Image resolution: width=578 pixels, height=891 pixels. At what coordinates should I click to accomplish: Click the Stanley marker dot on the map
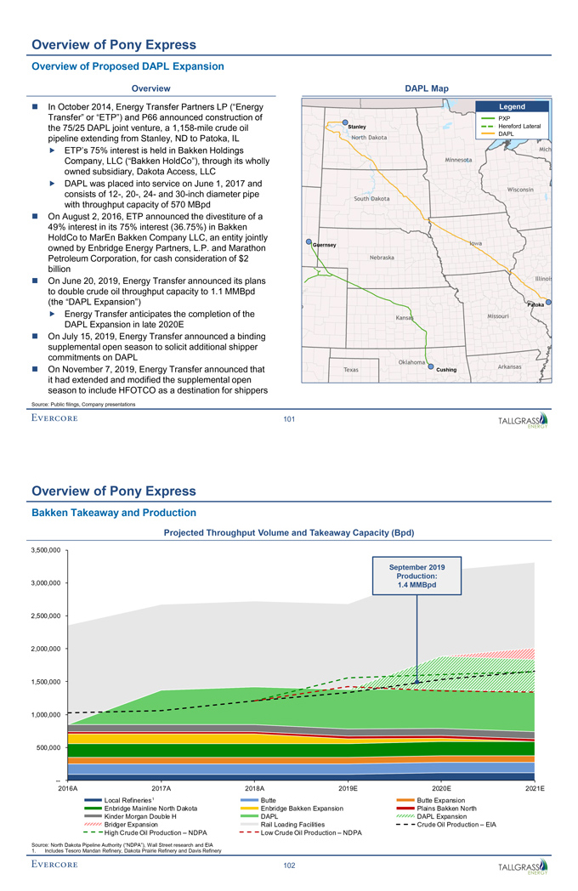pyautogui.click(x=345, y=122)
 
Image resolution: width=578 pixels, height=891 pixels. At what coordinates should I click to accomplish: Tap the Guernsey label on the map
pyautogui.click(x=326, y=246)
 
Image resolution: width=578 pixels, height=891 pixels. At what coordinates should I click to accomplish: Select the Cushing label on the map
pyautogui.click(x=446, y=370)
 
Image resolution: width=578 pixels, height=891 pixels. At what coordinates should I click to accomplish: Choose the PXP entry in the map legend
pyautogui.click(x=504, y=118)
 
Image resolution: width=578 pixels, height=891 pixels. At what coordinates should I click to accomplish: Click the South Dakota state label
pyautogui.click(x=371, y=198)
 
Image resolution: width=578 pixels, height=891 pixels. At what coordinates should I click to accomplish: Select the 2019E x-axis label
pyautogui.click(x=348, y=790)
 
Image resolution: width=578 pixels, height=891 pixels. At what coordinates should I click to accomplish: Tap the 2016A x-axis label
pyautogui.click(x=67, y=790)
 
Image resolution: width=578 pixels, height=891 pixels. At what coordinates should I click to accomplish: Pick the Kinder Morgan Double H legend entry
pyautogui.click(x=139, y=816)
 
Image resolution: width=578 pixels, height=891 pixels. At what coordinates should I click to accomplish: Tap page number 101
pyautogui.click(x=288, y=417)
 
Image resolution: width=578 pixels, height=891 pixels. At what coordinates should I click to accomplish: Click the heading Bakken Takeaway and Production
pyautogui.click(x=113, y=513)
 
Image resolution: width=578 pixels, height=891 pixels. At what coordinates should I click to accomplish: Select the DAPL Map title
pyautogui.click(x=428, y=88)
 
